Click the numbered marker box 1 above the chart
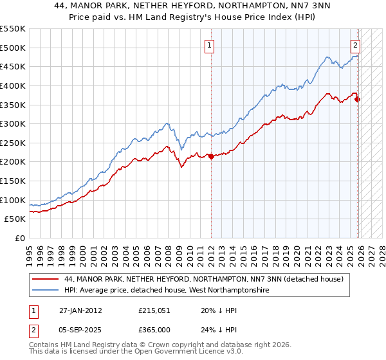click(x=210, y=45)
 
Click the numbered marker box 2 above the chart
click(x=355, y=45)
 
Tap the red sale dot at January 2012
click(x=211, y=156)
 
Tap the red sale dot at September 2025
click(x=358, y=99)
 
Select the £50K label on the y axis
click(x=15, y=219)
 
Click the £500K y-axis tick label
click(x=13, y=48)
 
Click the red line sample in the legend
click(x=44, y=280)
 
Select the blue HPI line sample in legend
click(x=44, y=291)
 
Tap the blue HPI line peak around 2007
click(x=167, y=123)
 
